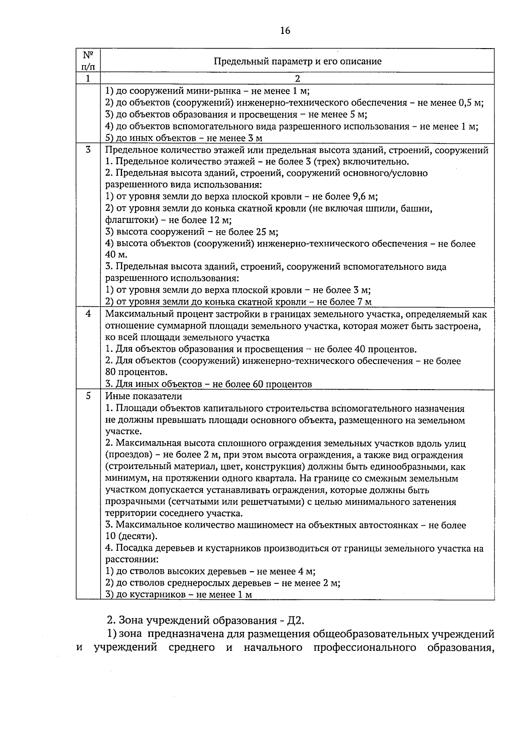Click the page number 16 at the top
click(285, 30)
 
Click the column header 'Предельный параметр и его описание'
click(298, 61)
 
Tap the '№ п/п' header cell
click(88, 61)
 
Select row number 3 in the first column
click(88, 150)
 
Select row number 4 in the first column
click(88, 314)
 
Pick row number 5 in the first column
click(88, 396)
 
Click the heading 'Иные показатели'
click(144, 396)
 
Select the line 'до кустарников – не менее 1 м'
click(178, 595)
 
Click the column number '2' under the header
click(297, 79)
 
